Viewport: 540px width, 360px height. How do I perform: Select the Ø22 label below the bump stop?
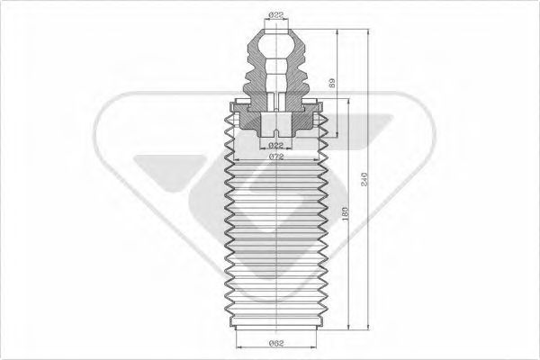tap(276, 145)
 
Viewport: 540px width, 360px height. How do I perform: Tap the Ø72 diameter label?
tap(276, 157)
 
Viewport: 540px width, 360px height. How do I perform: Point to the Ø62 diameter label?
tap(276, 342)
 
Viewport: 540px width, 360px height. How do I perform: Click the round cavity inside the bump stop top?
tap(275, 44)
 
